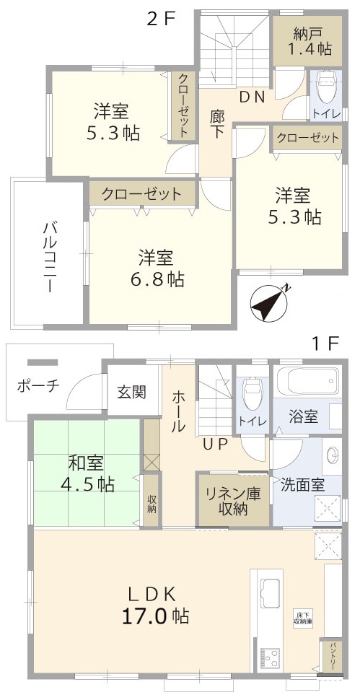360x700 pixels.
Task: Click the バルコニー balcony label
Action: (50, 256)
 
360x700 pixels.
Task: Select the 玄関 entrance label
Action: (131, 393)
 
